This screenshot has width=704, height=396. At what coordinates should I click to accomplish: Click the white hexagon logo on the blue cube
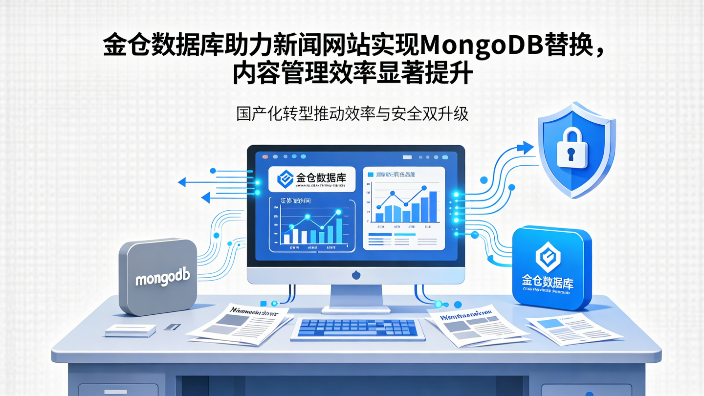[548, 256]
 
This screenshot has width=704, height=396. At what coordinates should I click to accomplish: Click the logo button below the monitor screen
[356, 275]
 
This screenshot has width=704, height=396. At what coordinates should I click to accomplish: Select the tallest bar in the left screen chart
[339, 232]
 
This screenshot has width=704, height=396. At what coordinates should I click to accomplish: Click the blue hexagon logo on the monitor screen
[285, 179]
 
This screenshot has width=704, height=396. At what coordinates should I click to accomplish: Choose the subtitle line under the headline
[352, 114]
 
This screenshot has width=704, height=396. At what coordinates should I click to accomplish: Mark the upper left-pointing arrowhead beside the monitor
[182, 182]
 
